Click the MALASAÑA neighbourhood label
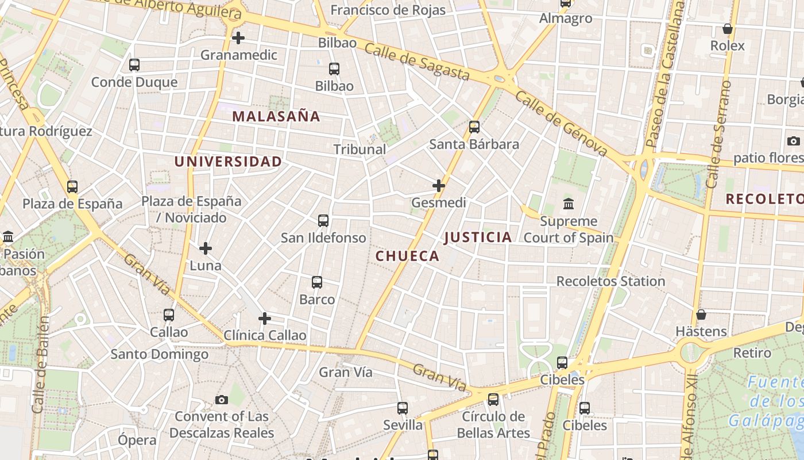276,116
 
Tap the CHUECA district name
407,256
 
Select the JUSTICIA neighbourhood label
478,237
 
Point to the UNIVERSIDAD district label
228,162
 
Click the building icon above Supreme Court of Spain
569,204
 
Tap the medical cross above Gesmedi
439,186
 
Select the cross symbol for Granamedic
238,38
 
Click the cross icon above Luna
206,248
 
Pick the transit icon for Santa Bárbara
474,127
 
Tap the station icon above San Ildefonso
323,221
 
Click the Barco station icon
317,282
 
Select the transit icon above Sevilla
403,408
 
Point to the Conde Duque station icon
134,65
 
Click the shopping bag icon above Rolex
728,29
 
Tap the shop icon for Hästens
701,315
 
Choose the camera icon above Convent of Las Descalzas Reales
222,400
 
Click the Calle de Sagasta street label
418,62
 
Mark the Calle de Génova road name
561,123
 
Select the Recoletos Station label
611,281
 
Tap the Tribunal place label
360,149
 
